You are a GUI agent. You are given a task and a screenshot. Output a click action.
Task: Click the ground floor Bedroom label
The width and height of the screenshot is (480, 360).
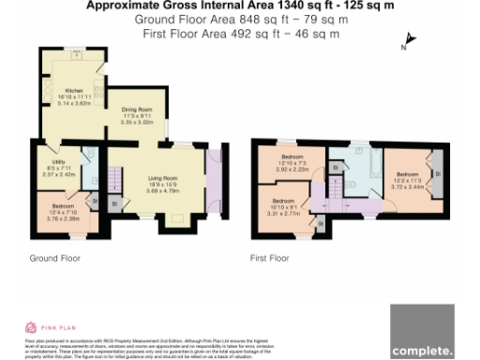(61, 204)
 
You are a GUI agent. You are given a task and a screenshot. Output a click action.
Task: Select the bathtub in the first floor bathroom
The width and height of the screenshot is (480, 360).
(367, 166)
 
